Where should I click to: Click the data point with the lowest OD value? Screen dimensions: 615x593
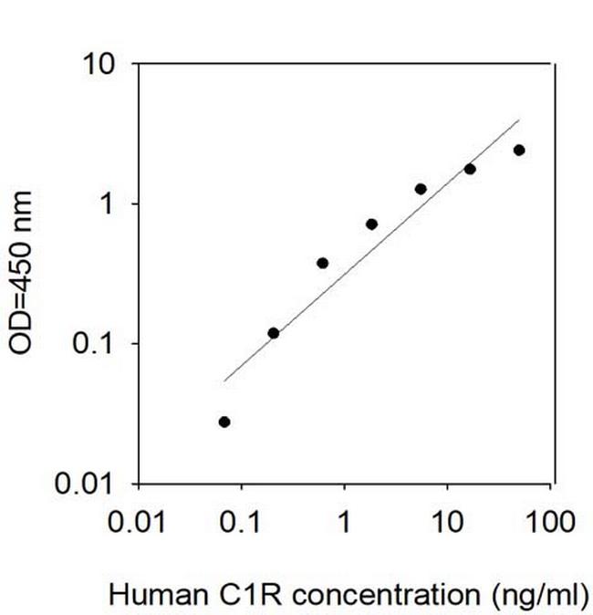pyautogui.click(x=224, y=422)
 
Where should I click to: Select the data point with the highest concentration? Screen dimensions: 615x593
pyautogui.click(x=519, y=150)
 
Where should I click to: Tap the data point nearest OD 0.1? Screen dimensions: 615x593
pyautogui.click(x=274, y=333)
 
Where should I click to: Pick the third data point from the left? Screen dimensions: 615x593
pyautogui.click(x=322, y=263)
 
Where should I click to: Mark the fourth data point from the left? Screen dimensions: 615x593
pyautogui.click(x=371, y=224)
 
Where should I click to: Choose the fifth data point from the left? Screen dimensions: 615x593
pyautogui.click(x=421, y=189)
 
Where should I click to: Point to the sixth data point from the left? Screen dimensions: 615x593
pyautogui.click(x=470, y=169)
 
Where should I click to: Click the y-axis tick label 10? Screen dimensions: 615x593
pyautogui.click(x=100, y=66)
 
